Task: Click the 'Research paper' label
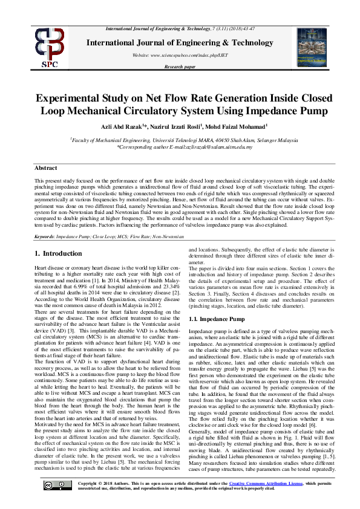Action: [180, 67]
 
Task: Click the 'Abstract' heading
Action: [46, 168]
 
